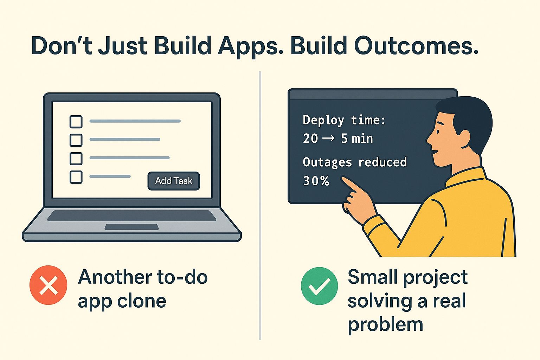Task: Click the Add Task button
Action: (x=174, y=181)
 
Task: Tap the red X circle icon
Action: (x=49, y=285)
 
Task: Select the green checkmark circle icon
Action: (x=319, y=286)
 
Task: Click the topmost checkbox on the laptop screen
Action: (x=76, y=122)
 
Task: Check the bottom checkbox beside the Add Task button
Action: (x=76, y=177)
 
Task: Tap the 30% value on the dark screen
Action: (x=316, y=181)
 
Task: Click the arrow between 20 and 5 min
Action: (x=328, y=138)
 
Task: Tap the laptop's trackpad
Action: (x=131, y=227)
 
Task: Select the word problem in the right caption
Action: (x=385, y=324)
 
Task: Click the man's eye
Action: (x=438, y=131)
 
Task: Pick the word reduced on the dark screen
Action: (x=382, y=162)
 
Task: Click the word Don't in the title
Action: (x=62, y=46)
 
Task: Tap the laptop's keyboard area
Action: (x=131, y=216)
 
